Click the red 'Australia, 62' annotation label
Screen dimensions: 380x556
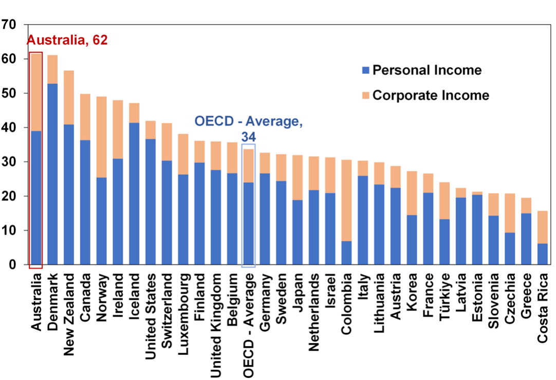(x=67, y=40)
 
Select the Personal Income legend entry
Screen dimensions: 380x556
(x=427, y=70)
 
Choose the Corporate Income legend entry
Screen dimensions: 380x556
(x=431, y=95)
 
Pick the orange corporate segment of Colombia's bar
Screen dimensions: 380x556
(x=347, y=200)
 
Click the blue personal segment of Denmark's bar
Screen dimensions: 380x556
(x=52, y=175)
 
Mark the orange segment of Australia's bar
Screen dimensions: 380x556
(x=36, y=92)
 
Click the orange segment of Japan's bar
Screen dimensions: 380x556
(x=298, y=178)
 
